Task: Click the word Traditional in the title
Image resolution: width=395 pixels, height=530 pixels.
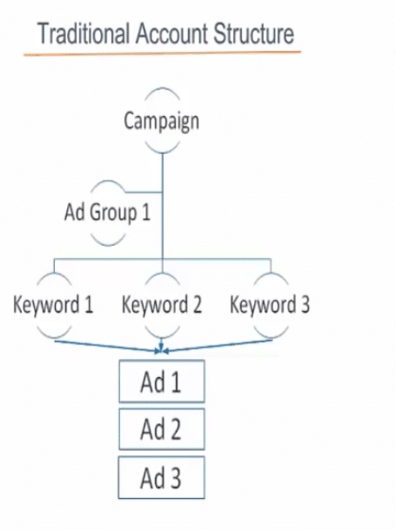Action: pos(84,34)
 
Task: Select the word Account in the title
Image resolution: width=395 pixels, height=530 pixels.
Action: pos(172,34)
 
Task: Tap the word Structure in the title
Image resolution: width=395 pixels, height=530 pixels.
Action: pos(253,34)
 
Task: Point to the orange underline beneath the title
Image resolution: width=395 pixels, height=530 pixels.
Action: pos(162,54)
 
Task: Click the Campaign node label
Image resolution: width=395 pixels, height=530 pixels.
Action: pos(162,121)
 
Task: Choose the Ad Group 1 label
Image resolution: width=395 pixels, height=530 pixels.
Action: pos(107,213)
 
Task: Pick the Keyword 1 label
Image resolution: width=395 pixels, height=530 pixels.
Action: pos(53,304)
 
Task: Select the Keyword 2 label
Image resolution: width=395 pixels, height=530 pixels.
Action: pos(162,304)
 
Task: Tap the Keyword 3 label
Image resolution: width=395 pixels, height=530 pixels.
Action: pos(270,304)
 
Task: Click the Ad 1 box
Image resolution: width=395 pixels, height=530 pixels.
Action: pos(162,382)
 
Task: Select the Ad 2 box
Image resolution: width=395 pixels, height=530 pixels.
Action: pos(162,429)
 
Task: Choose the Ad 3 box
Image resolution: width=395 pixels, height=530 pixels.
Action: pos(162,477)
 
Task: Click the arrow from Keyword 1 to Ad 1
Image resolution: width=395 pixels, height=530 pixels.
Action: pos(108,346)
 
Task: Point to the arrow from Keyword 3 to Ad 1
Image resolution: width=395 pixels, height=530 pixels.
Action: pos(217,346)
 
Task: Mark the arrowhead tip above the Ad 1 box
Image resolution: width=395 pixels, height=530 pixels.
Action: pos(162,352)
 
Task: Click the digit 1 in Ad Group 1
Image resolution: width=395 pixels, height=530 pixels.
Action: pos(146,213)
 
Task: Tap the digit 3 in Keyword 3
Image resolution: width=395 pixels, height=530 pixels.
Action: pos(304,304)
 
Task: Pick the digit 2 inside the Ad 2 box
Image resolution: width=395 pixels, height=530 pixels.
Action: pos(176,429)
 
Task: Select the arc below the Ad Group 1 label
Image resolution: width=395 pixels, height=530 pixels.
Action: pos(109,241)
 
